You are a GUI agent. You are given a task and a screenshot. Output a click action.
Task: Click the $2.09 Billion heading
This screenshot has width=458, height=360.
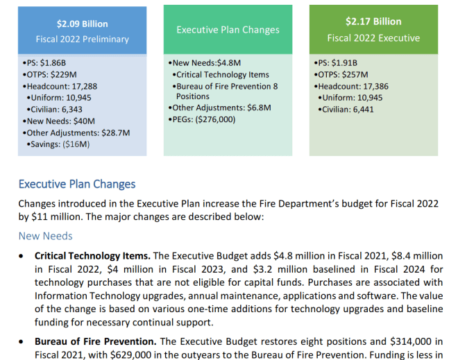click(83, 24)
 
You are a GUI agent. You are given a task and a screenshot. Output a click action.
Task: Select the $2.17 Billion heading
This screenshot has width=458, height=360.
click(373, 22)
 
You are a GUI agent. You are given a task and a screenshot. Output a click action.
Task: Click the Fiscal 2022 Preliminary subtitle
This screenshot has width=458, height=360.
click(83, 40)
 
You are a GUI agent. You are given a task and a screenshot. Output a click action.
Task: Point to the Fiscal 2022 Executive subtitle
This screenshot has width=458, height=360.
click(373, 38)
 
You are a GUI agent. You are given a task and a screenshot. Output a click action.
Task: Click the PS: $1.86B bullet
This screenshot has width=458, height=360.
click(45, 63)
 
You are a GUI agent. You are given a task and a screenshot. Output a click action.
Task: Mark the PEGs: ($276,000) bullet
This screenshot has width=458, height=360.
click(204, 119)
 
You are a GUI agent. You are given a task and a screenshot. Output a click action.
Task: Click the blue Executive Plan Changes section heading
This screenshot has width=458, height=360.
click(77, 185)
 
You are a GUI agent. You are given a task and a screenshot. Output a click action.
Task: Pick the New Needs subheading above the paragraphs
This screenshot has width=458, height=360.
click(45, 236)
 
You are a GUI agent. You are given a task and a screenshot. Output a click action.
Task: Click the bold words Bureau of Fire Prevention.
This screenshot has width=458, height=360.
click(95, 341)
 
